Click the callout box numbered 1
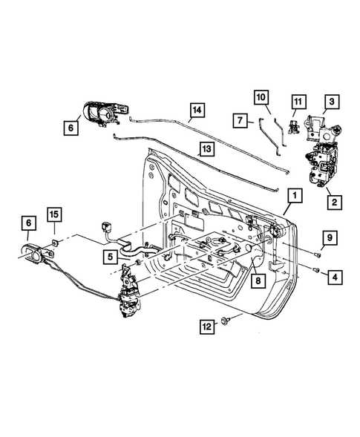[x=295, y=196]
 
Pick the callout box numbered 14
[x=195, y=112]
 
